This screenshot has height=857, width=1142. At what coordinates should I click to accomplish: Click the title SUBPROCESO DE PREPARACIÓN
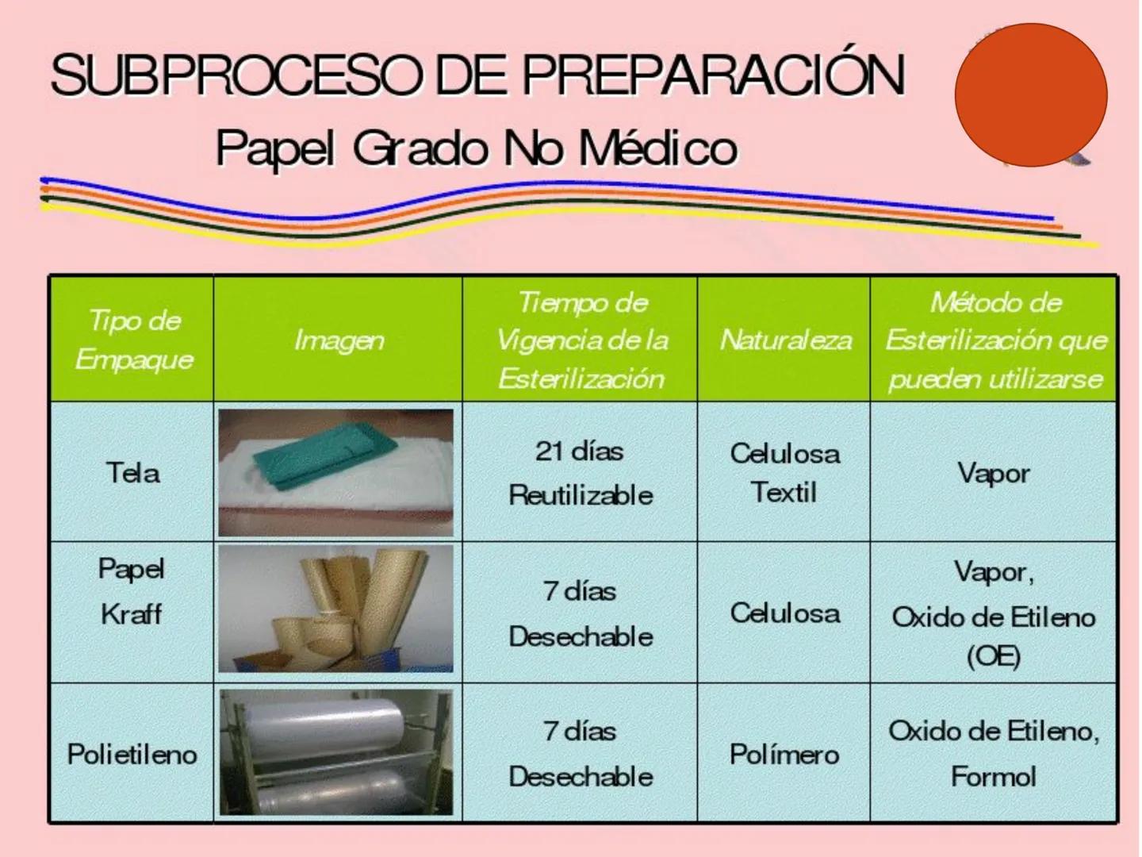477,76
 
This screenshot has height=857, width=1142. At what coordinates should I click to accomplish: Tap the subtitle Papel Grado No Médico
477,148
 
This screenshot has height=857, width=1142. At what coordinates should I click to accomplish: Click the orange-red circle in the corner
1030,95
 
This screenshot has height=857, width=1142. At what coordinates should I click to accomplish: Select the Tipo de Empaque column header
134,340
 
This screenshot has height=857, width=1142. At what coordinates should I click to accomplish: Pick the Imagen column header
339,340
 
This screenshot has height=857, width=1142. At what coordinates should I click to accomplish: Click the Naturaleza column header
785,340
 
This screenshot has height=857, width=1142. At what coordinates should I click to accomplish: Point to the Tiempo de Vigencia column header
581,340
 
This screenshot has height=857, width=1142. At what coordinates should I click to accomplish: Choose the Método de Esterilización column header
994,340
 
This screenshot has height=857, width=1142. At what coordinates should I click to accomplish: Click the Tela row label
132,473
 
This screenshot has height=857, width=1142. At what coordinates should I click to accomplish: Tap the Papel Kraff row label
132,591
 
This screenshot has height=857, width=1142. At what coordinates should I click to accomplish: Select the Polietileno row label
132,753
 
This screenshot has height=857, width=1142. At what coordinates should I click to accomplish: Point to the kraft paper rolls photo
336,609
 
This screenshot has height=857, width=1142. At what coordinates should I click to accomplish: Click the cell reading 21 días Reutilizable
581,473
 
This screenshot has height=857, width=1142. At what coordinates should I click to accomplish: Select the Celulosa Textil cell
784,473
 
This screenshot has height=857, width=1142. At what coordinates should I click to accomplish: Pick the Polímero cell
784,753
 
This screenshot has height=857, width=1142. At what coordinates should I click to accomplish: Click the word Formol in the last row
993,776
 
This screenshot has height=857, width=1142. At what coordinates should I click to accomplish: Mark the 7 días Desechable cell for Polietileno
581,753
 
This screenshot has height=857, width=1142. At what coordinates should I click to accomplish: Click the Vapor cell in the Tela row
993,473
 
